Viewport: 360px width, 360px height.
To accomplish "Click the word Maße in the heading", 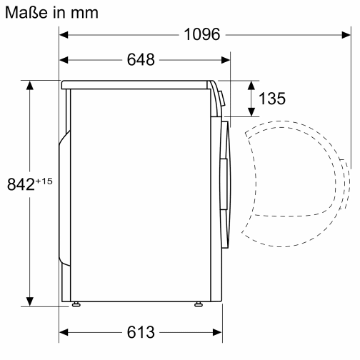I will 24,12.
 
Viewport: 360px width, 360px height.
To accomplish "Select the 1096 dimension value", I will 201,34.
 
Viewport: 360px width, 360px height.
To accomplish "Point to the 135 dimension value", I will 271,99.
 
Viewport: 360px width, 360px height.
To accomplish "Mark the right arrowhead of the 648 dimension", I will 228,60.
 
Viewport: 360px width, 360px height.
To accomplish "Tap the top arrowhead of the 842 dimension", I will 30,84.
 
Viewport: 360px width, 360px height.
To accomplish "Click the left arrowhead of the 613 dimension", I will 63,333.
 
